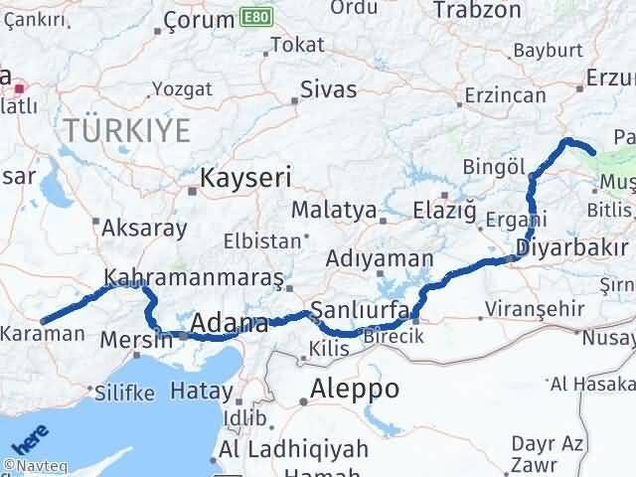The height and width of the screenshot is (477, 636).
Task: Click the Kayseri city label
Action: click(246, 179)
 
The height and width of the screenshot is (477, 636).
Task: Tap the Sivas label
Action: click(331, 89)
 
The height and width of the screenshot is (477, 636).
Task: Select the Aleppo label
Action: click(355, 388)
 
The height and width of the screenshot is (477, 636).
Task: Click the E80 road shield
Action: click(253, 18)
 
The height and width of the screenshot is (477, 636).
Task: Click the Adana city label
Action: click(228, 323)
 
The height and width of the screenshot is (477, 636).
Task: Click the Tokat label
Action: click(297, 45)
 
